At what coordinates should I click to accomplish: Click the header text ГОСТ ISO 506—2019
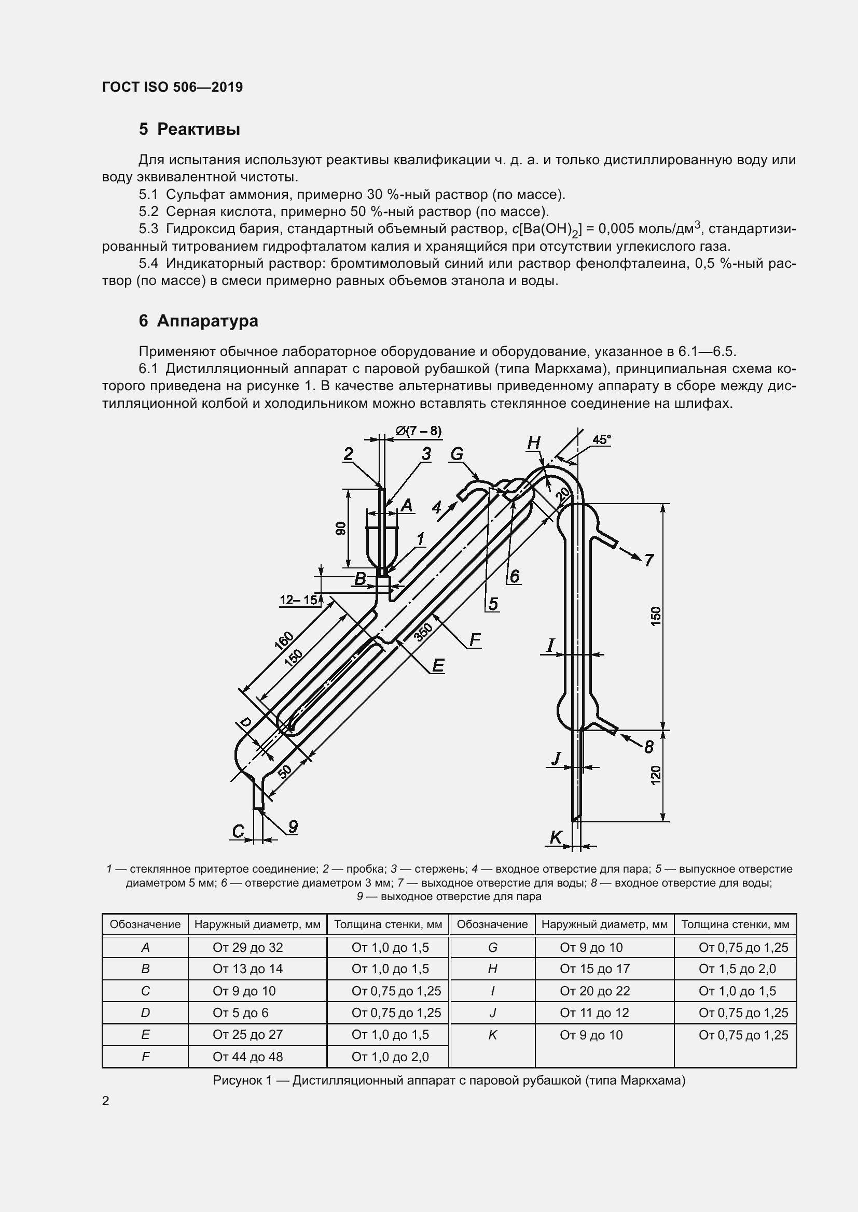172,87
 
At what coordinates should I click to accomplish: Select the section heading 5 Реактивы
189,130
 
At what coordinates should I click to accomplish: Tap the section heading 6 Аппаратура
198,320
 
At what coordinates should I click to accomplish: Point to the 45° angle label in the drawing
601,439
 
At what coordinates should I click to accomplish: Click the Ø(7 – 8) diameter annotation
419,431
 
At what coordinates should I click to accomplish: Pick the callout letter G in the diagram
456,453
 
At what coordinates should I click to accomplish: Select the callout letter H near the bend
534,443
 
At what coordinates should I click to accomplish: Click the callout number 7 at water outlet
649,560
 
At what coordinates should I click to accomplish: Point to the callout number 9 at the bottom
293,826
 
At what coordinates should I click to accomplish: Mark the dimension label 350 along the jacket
423,632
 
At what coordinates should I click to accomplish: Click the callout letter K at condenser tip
556,837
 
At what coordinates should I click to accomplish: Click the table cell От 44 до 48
247,1057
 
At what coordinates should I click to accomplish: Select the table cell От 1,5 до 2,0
737,968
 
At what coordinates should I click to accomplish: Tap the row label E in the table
145,1035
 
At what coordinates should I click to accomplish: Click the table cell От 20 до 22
595,991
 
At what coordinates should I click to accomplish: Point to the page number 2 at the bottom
106,1101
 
